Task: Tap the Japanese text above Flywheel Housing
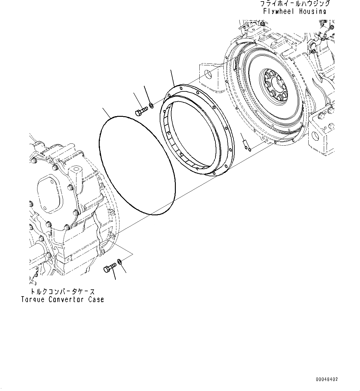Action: tap(295, 4)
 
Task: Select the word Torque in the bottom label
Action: tap(33, 300)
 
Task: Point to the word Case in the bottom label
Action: tap(96, 300)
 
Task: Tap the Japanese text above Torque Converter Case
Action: tap(62, 292)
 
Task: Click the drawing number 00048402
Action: tap(327, 379)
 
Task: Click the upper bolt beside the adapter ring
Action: tap(141, 111)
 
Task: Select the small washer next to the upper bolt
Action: tap(151, 106)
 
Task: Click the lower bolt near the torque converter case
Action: tap(110, 267)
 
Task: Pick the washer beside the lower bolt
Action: tap(120, 262)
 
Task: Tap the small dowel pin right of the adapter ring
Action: tap(246, 143)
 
